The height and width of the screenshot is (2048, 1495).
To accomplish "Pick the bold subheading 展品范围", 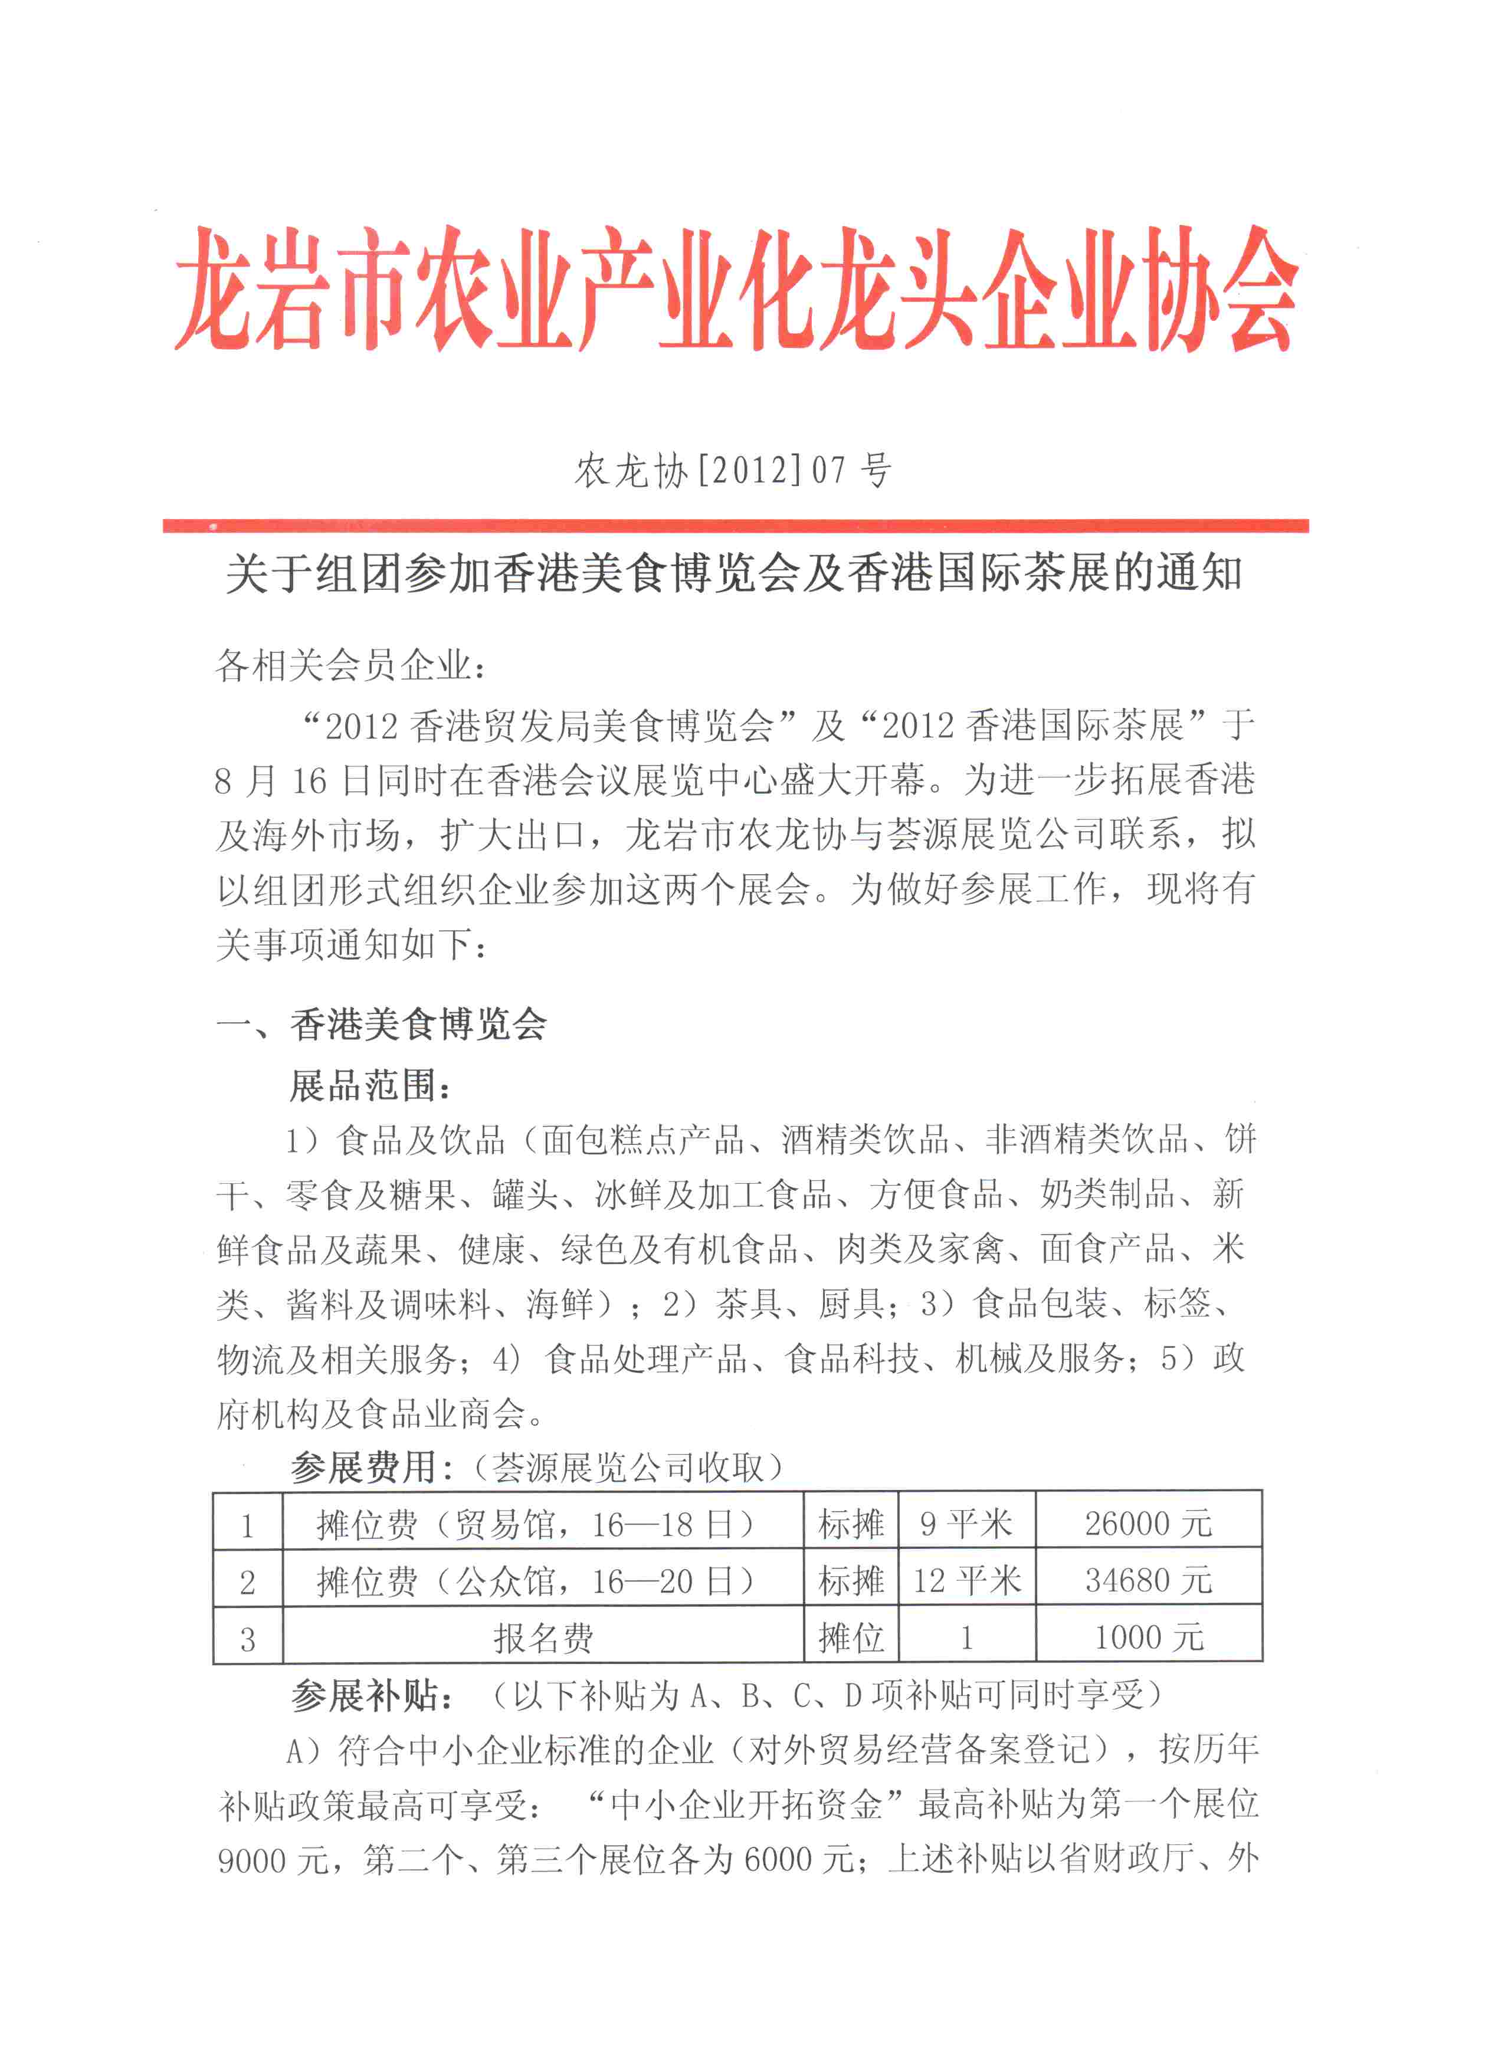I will [370, 1085].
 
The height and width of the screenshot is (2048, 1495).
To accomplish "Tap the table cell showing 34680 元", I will [1148, 1580].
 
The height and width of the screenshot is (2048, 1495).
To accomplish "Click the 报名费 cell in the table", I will [543, 1637].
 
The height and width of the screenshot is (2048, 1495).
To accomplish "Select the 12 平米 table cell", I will [966, 1580].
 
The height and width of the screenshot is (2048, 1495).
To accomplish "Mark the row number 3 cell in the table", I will [247, 1638].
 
